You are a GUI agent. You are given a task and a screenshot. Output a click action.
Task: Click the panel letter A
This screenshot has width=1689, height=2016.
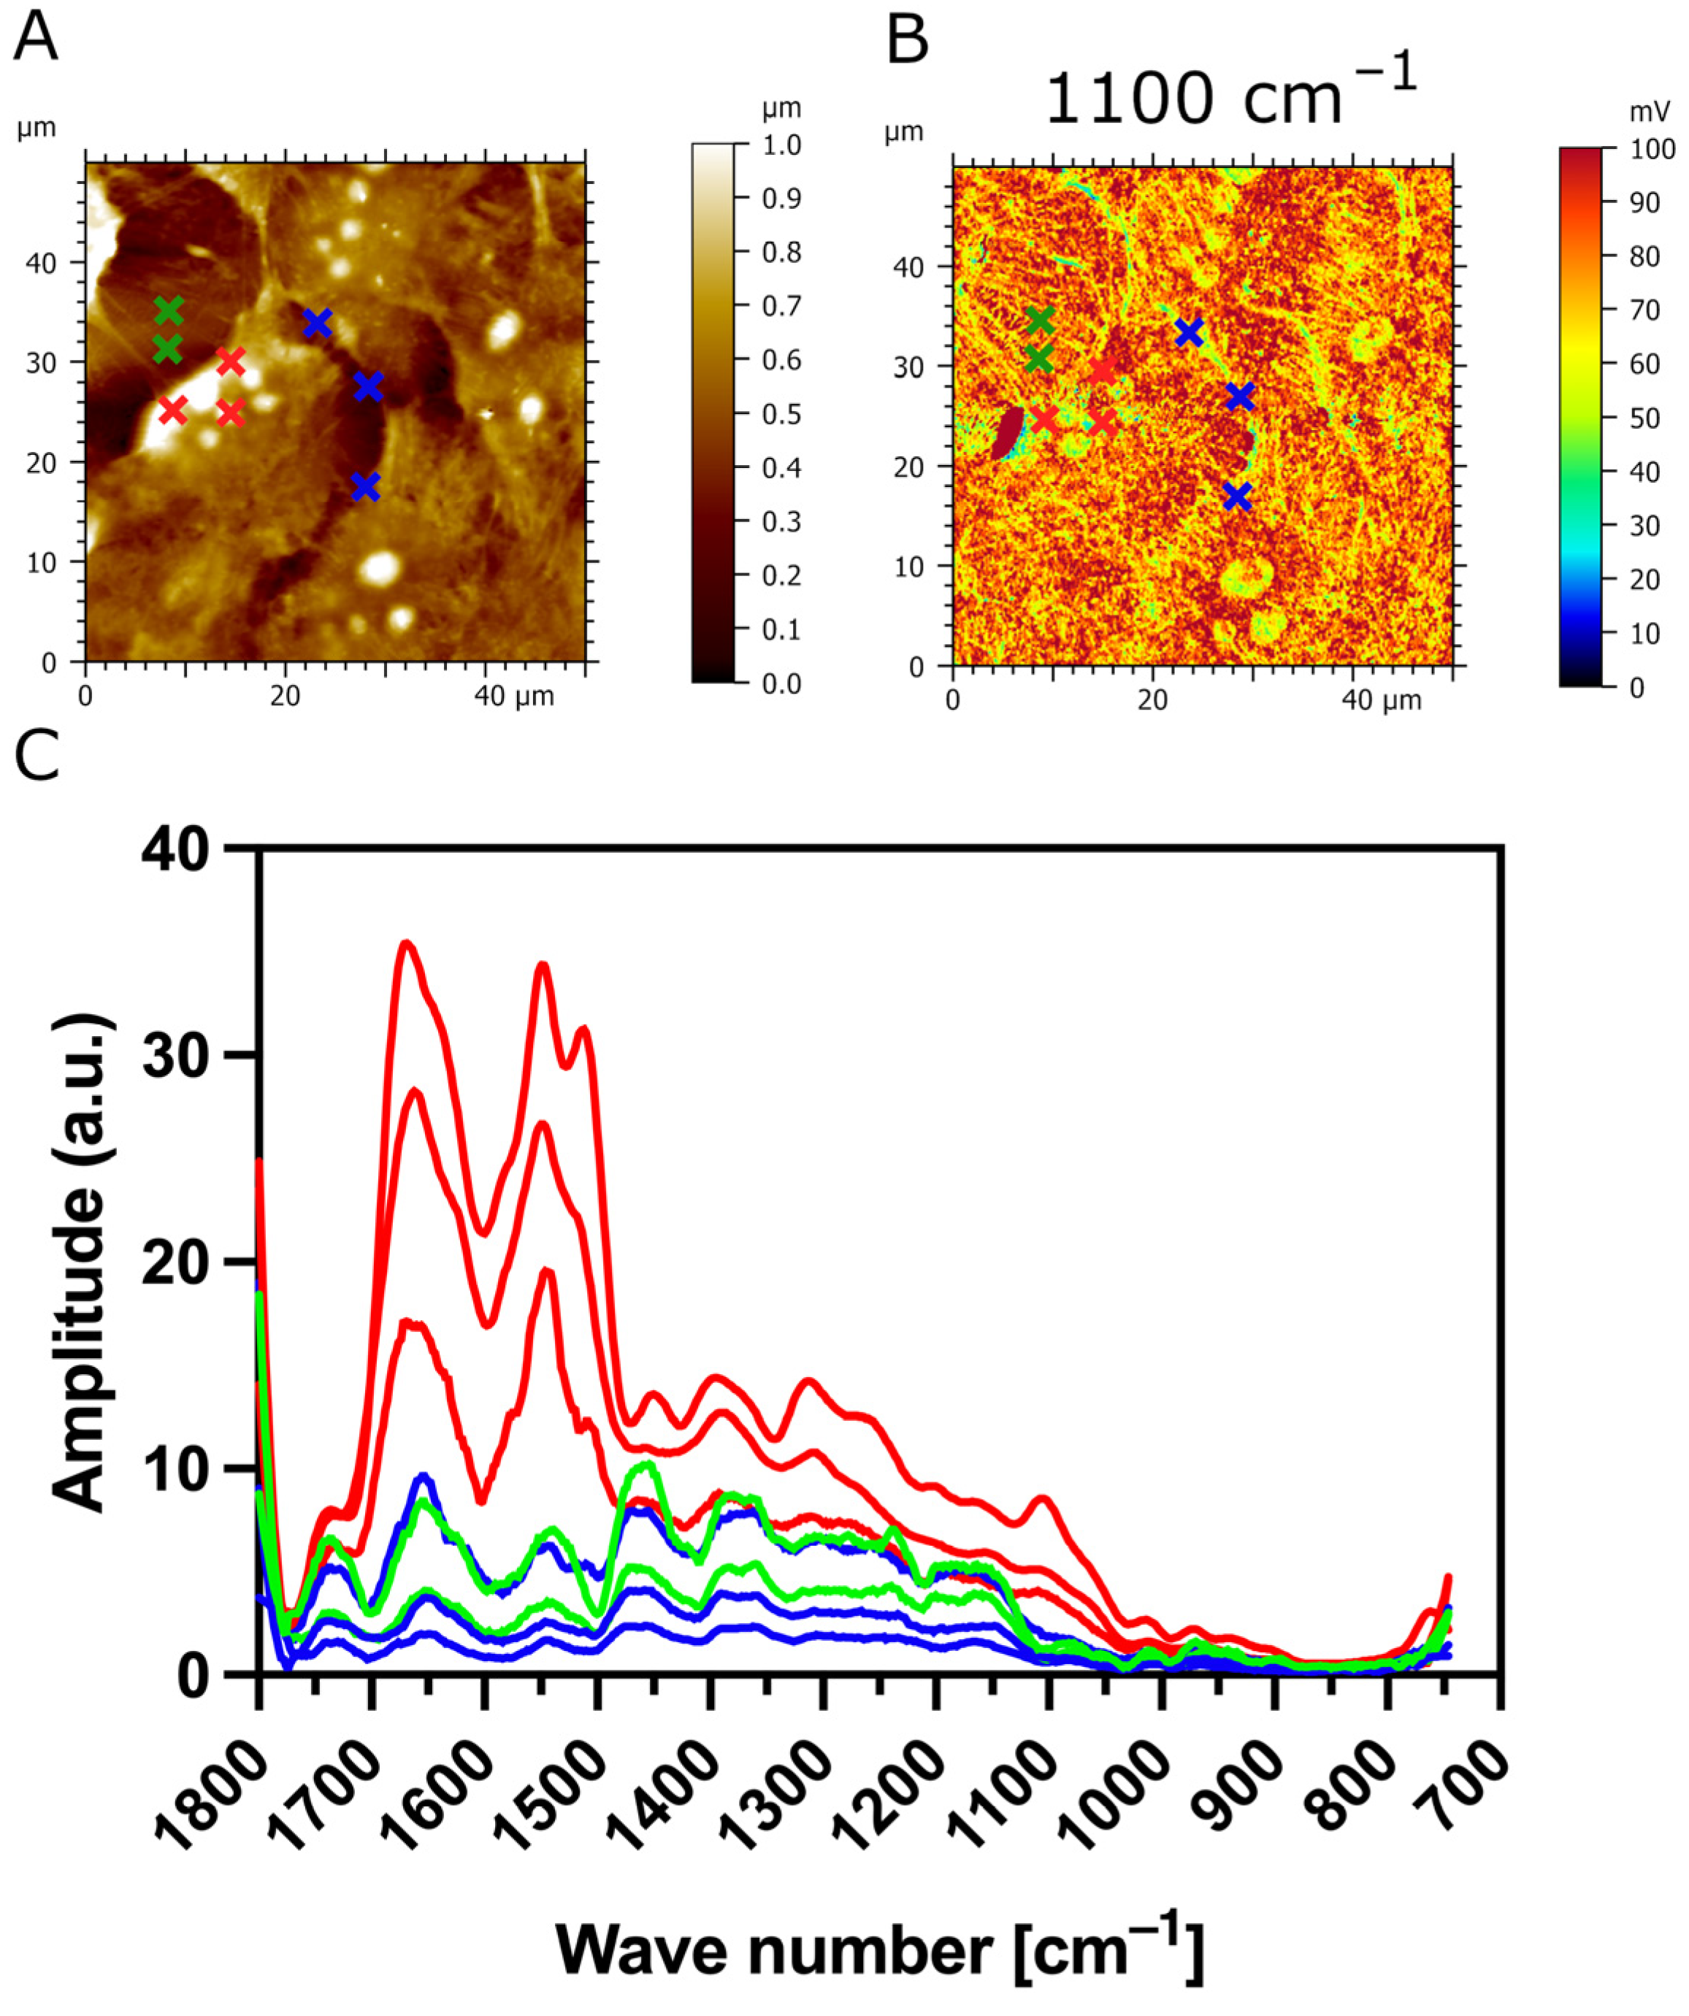[36, 40]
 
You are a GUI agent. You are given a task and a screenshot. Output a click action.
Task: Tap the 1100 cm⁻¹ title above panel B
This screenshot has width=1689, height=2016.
[1230, 96]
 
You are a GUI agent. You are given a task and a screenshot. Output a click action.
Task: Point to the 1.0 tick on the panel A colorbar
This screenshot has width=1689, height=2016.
[781, 145]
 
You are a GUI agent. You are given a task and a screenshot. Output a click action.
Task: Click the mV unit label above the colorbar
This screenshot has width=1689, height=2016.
[1650, 113]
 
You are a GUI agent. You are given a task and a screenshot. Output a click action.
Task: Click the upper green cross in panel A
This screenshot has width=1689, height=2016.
[168, 311]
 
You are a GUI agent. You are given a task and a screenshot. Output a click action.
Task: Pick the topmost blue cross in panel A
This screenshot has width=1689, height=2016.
[317, 323]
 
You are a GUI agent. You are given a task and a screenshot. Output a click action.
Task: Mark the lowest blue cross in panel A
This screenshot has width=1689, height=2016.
[365, 487]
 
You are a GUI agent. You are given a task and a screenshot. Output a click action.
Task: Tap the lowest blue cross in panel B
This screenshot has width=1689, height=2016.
[1238, 497]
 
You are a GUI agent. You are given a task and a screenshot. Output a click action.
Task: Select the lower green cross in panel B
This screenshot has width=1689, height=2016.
[1038, 360]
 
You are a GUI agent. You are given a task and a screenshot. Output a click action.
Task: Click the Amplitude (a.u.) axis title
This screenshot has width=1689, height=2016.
[82, 1262]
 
